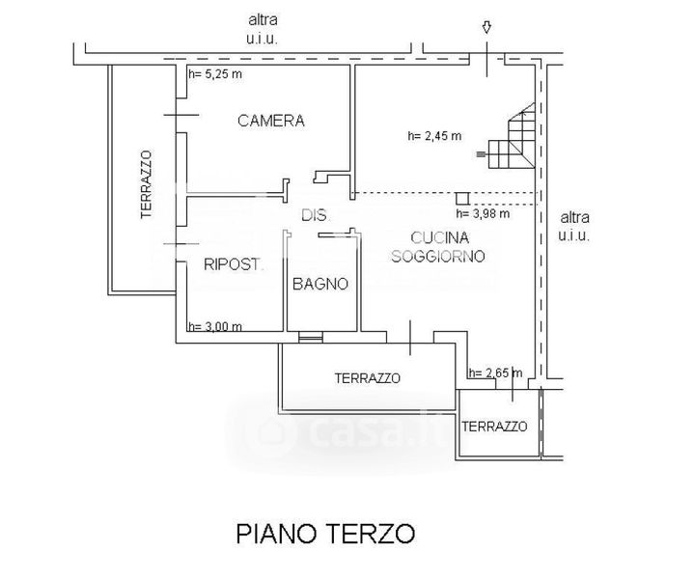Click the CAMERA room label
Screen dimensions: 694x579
[271, 121]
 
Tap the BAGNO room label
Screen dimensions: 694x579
[320, 284]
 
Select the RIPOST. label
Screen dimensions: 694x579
[234, 264]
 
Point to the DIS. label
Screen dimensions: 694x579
[315, 215]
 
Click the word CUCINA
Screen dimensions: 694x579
[439, 237]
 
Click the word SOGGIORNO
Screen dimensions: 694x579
[438, 256]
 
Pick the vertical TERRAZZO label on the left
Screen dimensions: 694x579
[146, 184]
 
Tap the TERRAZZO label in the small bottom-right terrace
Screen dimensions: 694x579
[494, 427]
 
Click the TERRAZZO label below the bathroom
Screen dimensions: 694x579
[368, 378]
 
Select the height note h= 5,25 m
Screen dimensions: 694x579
[215, 74]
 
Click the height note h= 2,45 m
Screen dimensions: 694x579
[434, 136]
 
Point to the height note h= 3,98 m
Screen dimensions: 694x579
[483, 214]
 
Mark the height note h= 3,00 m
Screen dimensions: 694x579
[215, 327]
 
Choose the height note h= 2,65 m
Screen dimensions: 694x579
[495, 372]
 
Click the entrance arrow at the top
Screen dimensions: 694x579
[486, 27]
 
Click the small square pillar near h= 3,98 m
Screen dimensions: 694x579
[463, 199]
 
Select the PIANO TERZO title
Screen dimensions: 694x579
[325, 534]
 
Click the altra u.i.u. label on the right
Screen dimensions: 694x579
[574, 226]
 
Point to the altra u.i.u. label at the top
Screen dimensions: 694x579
[263, 29]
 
